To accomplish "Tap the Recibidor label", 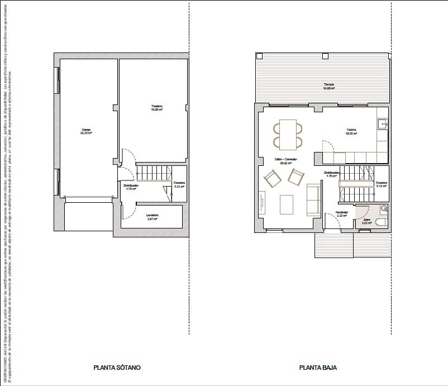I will click(341, 213).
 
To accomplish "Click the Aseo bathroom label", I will click(366, 221).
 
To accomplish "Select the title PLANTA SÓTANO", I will click(117, 368).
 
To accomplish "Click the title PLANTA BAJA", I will click(318, 368).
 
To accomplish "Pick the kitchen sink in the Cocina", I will click(382, 123).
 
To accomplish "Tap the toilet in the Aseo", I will click(382, 222).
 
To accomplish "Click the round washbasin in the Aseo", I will click(384, 209).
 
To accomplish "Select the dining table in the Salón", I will click(288, 134).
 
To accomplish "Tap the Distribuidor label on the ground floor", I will click(331, 174).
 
